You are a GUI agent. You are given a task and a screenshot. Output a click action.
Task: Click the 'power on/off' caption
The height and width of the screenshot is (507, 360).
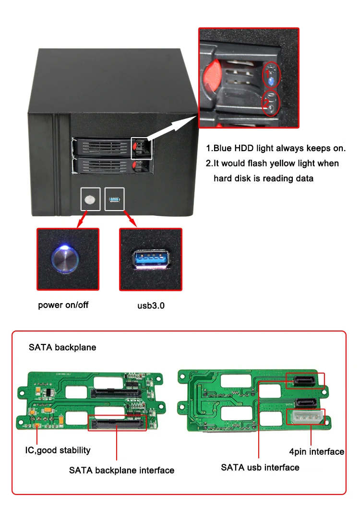pyautogui.click(x=63, y=305)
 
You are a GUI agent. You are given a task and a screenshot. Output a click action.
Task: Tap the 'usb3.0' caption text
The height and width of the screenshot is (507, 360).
pyautogui.click(x=151, y=305)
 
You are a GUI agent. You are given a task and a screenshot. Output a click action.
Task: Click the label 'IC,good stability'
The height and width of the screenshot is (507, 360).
pyautogui.click(x=58, y=450)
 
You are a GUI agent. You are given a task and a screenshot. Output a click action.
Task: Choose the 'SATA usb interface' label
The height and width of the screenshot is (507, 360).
pyautogui.click(x=260, y=467)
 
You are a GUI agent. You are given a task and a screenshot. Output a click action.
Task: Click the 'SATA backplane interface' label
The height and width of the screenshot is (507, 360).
pyautogui.click(x=121, y=470)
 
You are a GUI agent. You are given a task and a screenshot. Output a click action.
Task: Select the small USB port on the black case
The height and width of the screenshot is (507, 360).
pyautogui.click(x=114, y=199)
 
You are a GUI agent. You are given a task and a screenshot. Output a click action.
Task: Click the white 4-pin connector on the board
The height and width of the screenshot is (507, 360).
pyautogui.click(x=305, y=417)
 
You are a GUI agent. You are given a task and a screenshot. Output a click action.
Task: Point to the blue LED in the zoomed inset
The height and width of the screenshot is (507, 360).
pyautogui.click(x=272, y=81)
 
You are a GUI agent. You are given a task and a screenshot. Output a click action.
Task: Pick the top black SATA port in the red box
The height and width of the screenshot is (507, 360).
pyautogui.click(x=305, y=381)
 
